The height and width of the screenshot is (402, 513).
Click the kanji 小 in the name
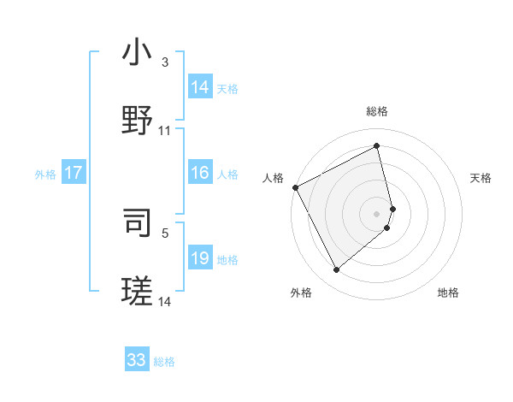click(137, 53)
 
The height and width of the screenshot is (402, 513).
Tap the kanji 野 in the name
click(137, 121)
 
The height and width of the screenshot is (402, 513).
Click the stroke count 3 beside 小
click(165, 62)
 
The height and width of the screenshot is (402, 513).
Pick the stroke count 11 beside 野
click(165, 131)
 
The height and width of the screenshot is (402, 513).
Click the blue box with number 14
click(200, 87)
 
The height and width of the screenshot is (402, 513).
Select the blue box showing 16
click(200, 173)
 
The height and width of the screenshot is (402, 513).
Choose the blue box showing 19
click(200, 258)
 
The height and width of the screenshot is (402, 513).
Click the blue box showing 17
click(73, 173)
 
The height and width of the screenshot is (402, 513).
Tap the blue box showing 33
click(137, 360)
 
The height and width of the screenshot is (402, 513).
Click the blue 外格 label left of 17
click(45, 174)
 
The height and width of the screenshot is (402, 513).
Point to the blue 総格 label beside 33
click(164, 362)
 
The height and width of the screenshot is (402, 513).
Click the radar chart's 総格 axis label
click(377, 111)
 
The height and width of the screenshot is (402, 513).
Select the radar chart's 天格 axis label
click(481, 178)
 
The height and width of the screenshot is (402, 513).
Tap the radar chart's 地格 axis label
click(448, 293)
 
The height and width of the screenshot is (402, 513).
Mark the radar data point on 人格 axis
click(295, 187)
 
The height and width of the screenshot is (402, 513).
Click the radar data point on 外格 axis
click(336, 269)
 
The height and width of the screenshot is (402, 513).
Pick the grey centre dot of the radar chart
click(377, 213)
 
